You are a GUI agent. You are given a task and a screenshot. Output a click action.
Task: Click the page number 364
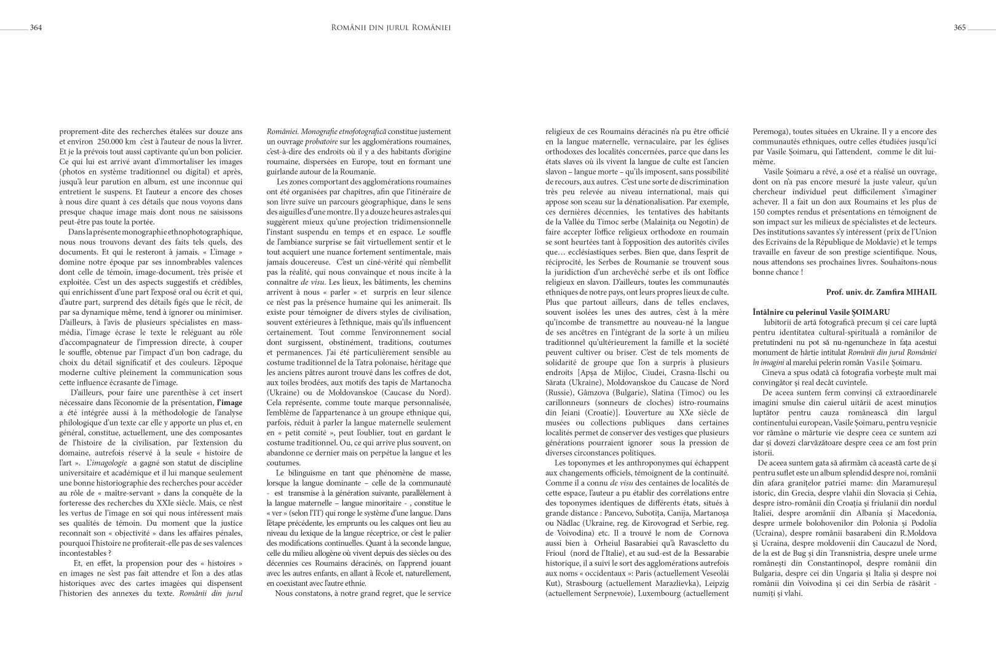click(36, 28)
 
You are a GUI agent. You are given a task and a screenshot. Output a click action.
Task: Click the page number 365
click(960, 28)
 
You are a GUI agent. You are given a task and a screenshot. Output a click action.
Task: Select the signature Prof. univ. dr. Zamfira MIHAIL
click(882, 292)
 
